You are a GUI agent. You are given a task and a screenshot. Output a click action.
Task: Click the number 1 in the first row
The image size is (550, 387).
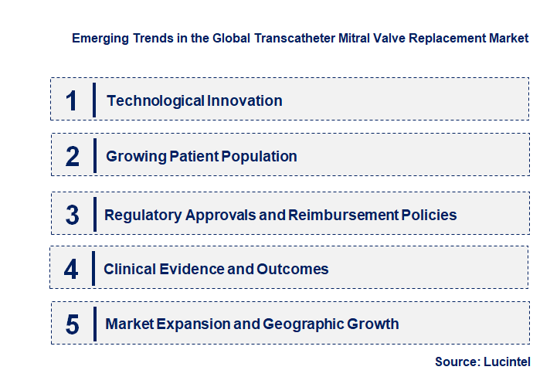pos(72,100)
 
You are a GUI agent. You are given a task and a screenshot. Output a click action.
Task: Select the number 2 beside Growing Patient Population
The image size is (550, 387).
pos(73,156)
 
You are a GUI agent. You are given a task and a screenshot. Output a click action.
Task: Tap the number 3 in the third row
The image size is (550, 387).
pos(73,215)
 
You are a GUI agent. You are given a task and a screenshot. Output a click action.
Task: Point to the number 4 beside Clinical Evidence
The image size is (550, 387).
pos(72,269)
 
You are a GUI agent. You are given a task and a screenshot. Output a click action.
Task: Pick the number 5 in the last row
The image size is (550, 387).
pos(73,324)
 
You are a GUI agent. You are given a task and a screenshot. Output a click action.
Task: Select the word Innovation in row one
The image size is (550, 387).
pos(244,100)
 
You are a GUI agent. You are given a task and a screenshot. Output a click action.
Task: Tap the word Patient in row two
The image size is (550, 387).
pos(193,156)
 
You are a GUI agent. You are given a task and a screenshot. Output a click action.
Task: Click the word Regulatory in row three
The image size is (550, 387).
pos(143,215)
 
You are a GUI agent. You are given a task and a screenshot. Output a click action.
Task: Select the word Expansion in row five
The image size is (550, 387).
pos(193,324)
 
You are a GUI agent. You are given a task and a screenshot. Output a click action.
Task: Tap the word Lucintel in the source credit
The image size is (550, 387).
pos(510,362)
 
